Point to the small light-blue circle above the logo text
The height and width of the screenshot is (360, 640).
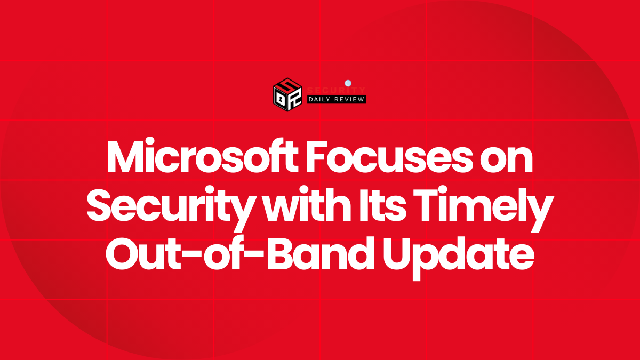tap(348, 83)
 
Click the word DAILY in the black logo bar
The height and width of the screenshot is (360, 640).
tap(323, 99)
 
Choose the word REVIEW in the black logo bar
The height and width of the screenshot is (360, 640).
tap(350, 99)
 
